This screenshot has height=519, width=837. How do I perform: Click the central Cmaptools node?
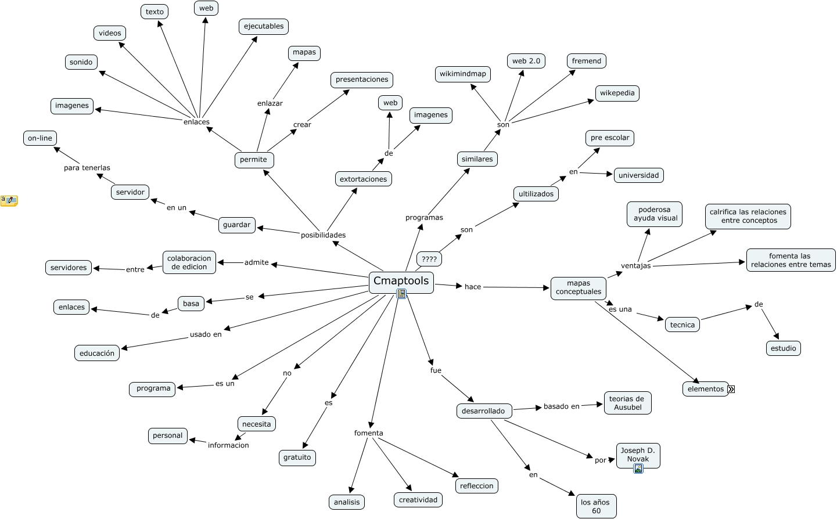[401, 283]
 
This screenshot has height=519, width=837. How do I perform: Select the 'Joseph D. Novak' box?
[638, 456]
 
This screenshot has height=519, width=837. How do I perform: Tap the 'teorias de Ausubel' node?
[627, 403]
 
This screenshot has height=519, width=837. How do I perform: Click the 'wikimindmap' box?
[462, 74]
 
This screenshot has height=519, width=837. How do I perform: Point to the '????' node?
[429, 259]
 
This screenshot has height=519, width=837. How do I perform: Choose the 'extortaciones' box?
[363, 179]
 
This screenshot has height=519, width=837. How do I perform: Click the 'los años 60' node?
[596, 506]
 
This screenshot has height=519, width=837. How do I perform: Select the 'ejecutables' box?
[264, 27]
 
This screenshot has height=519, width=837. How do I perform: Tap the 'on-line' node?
[40, 138]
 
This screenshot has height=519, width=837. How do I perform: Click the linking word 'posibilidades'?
[323, 235]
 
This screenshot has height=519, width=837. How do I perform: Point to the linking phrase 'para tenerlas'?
[87, 168]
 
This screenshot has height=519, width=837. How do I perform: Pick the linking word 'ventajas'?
[635, 266]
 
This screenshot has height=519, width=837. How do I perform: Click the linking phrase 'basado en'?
[561, 406]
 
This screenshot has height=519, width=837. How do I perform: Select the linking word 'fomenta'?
[368, 432]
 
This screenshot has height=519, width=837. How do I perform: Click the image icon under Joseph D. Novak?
[638, 468]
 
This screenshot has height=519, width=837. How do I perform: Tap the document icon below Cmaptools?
[401, 294]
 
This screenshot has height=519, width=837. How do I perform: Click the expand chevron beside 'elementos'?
[731, 389]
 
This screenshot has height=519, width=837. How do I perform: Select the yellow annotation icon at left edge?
[9, 201]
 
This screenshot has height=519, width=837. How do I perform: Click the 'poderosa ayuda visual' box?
[654, 214]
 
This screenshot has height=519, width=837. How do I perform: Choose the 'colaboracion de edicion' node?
[189, 262]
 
